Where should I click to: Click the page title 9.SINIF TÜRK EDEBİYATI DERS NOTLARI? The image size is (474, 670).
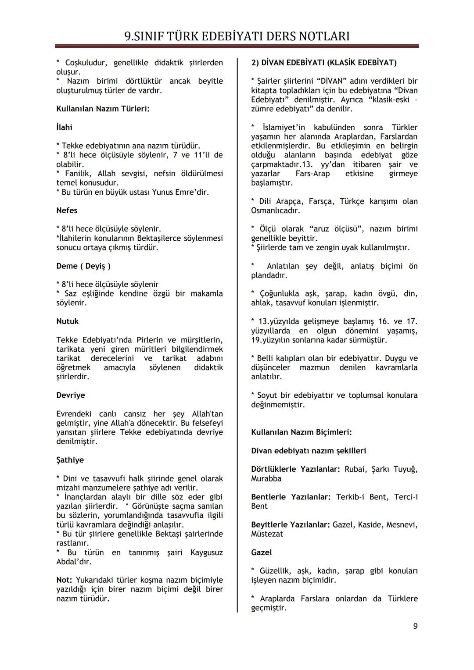(x=237, y=36)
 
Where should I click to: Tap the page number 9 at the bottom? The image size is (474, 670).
(x=415, y=626)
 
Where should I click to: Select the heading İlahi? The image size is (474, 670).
(x=64, y=128)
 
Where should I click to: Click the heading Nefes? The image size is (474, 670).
(x=67, y=210)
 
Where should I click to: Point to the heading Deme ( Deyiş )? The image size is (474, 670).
(x=83, y=266)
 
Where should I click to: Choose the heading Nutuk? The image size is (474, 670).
(x=68, y=321)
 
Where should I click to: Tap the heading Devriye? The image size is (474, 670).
(x=71, y=395)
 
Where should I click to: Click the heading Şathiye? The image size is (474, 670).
(x=70, y=460)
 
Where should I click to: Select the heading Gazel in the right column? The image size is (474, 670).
(x=261, y=552)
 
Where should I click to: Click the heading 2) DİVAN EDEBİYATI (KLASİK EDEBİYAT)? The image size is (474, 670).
(x=323, y=63)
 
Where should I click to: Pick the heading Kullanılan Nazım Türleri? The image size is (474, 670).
(x=103, y=109)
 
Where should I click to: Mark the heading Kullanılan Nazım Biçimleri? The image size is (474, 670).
(x=301, y=432)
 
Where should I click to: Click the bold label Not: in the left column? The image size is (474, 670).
(x=64, y=580)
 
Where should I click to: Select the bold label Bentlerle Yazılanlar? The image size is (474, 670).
(x=291, y=497)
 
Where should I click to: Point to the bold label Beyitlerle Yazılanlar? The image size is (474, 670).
(x=290, y=525)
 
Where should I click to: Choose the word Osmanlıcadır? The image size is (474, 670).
(x=275, y=211)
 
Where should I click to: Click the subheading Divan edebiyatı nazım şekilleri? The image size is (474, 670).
(x=308, y=451)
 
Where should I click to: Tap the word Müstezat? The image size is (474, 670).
(x=267, y=534)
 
